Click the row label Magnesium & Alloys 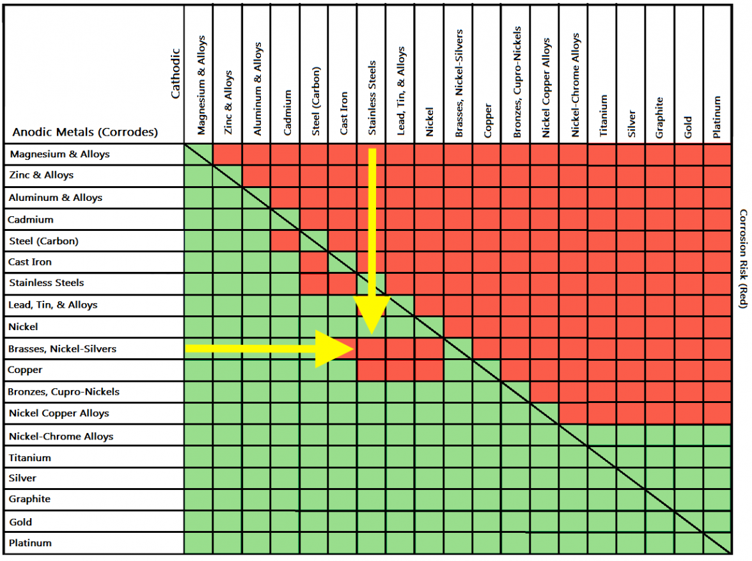(59, 154)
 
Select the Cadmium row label (31, 219)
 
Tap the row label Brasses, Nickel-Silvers (63, 349)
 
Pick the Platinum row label (30, 543)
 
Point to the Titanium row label (29, 458)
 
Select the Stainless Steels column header (372, 98)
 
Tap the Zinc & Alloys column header (228, 102)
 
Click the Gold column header (688, 122)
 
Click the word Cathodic (176, 74)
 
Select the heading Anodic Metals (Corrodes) (85, 133)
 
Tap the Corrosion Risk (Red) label (742, 258)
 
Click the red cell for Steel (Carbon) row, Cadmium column (285, 241)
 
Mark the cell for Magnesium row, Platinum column (717, 154)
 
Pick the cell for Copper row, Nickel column (429, 370)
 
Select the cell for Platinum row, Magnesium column (199, 543)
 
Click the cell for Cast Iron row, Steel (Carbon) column (314, 262)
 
